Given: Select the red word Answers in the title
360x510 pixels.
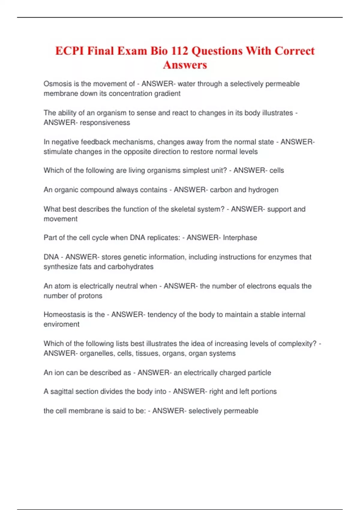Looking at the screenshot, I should (185, 65).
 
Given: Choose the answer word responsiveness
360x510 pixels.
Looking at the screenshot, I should (105, 123).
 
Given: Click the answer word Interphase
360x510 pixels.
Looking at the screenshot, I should (240, 238).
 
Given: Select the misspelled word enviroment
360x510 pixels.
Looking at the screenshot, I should (61, 324).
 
